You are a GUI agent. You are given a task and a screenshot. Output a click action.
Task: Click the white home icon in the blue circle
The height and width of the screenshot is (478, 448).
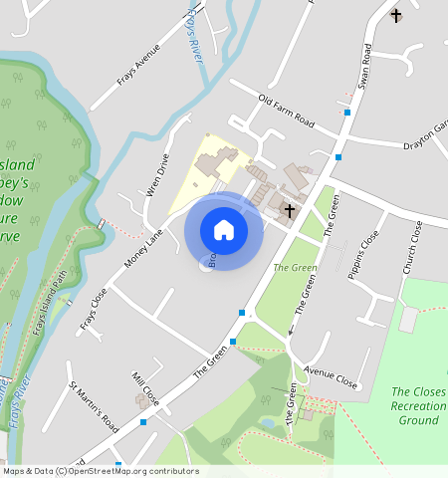224,230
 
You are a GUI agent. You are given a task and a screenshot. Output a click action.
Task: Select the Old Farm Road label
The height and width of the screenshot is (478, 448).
286,112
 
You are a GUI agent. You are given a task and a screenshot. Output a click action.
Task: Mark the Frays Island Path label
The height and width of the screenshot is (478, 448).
50,300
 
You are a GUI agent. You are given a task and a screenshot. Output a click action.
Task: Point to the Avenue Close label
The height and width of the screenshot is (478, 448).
332,379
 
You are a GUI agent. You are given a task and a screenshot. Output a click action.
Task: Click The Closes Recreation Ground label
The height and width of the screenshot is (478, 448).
417,406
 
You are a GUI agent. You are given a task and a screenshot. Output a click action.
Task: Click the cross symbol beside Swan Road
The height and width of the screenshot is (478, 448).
396,15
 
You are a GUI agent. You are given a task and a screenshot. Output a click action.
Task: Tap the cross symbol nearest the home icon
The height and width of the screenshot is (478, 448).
290,210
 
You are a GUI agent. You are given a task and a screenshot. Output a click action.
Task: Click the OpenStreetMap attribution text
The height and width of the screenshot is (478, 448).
101,471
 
